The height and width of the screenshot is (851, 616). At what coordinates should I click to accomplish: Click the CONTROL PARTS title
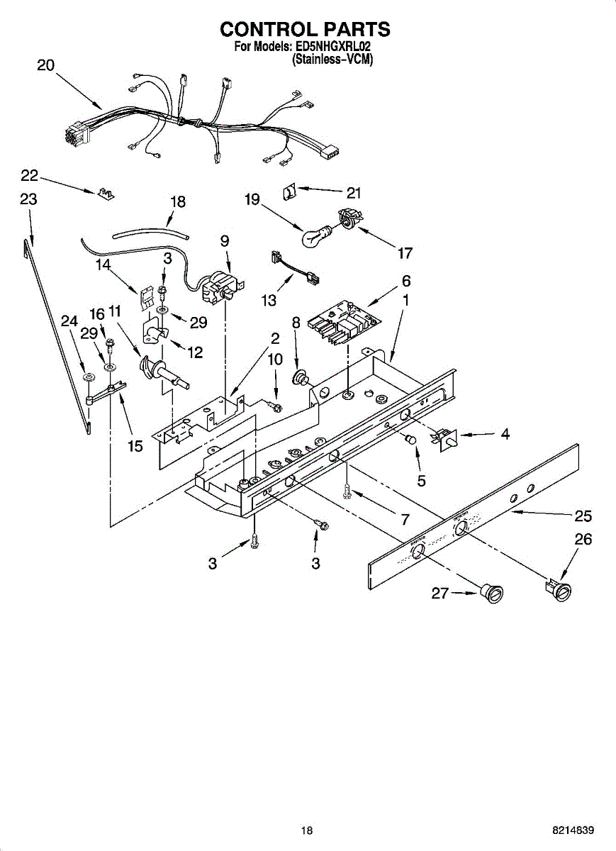[x=305, y=29]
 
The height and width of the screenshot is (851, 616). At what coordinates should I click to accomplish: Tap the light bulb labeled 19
[x=317, y=237]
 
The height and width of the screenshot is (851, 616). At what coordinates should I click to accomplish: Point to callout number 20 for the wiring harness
[x=45, y=65]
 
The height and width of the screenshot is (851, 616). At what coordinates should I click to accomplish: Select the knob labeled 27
[x=492, y=593]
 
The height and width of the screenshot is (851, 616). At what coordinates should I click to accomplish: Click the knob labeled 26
[x=560, y=588]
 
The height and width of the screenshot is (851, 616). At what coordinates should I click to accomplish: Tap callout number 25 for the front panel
[x=583, y=516]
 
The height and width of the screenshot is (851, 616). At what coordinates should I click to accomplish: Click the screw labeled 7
[x=347, y=490]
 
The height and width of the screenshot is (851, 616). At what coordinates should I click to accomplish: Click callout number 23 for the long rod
[x=28, y=199]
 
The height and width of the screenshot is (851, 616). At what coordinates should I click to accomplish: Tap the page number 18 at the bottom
[x=306, y=830]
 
